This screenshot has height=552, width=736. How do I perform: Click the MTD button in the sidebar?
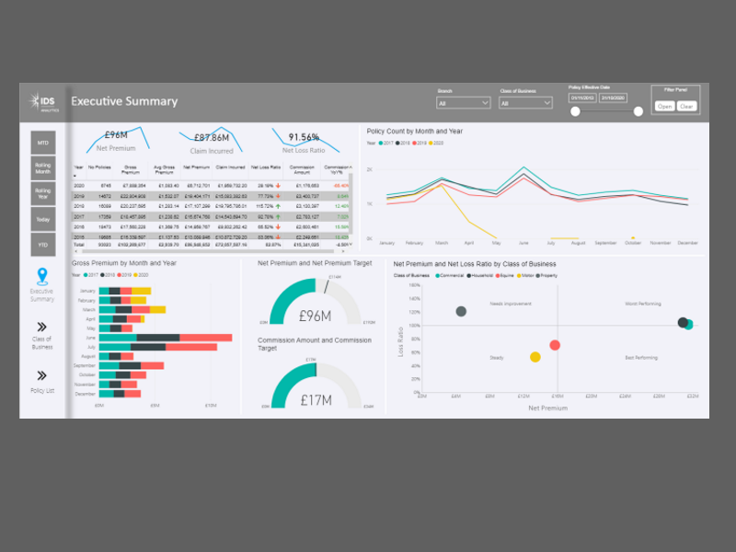[x=43, y=143]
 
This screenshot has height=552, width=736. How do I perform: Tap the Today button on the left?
[x=43, y=219]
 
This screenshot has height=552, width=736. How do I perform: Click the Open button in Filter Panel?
[x=664, y=106]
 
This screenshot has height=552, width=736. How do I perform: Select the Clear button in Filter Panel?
[x=686, y=106]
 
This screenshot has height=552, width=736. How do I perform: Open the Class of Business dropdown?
[x=525, y=103]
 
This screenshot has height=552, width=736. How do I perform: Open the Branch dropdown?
[x=464, y=103]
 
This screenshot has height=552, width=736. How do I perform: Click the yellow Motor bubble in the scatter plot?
[x=535, y=357]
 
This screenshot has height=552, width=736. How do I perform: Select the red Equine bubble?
[x=555, y=345]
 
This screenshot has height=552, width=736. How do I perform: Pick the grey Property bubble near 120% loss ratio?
[x=461, y=311]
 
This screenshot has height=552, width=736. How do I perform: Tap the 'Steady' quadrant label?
[x=497, y=357]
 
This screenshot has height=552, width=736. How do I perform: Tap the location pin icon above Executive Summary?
[x=42, y=275]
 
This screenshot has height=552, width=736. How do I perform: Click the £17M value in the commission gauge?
[x=316, y=400]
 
